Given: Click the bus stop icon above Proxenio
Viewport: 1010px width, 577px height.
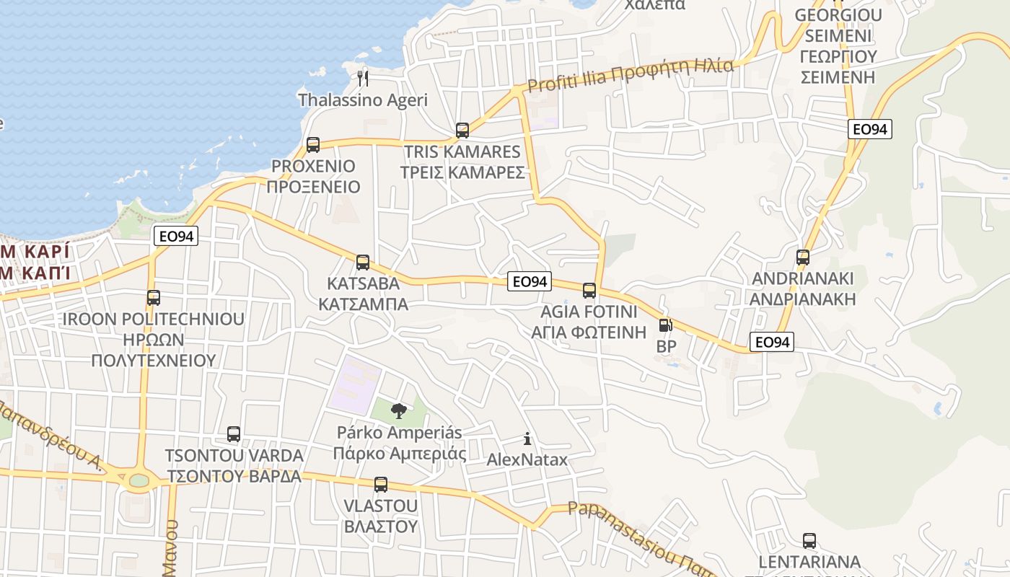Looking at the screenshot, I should coord(313,145).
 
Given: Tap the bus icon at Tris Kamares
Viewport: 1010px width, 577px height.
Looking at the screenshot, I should coord(462,131).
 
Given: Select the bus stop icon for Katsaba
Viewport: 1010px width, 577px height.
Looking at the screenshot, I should coord(363,263).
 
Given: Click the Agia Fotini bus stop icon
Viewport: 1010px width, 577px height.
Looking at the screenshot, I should coord(589,291).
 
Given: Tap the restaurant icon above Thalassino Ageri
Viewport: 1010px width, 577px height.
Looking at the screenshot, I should coord(363,78).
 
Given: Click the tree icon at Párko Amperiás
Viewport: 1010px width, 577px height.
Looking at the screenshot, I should coord(398,412).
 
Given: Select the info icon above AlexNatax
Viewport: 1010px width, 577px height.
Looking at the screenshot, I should coord(527,439).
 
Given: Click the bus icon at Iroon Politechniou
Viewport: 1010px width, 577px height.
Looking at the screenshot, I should coord(154,297).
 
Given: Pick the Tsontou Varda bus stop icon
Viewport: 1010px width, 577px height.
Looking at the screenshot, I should coord(234,434).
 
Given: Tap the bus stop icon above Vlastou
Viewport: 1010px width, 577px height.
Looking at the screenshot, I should coord(381,485).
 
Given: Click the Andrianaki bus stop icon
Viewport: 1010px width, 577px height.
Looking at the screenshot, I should coord(803,257).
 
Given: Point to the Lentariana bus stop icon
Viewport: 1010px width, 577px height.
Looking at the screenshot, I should coord(809,541).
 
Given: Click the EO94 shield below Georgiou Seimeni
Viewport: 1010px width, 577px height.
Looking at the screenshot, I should coord(869,129).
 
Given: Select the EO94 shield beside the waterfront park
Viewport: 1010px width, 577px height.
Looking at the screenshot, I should coord(176,236).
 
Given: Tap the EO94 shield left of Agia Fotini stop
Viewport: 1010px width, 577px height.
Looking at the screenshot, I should coord(530,281).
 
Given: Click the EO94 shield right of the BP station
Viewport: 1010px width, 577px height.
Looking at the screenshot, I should coord(772,342).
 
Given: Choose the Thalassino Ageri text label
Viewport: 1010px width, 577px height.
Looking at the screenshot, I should coord(363,100).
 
